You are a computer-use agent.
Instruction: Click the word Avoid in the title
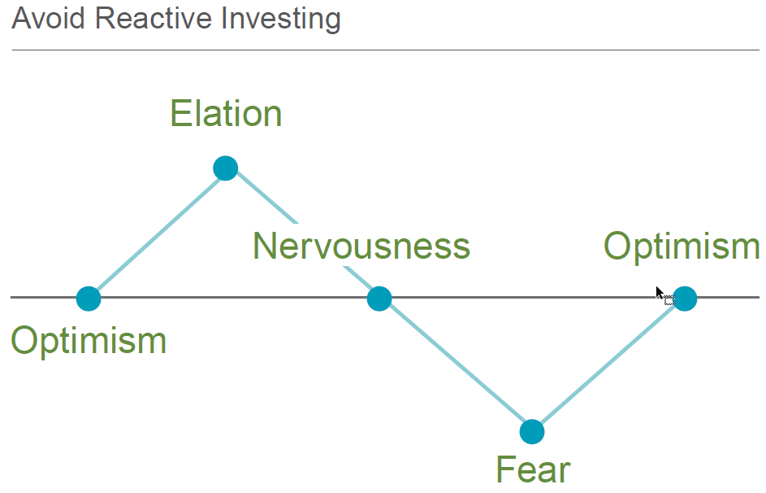(x=49, y=19)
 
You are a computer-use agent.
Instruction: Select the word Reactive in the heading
(x=154, y=19)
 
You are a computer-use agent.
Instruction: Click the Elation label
(x=226, y=113)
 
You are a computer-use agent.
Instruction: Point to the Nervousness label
(x=361, y=246)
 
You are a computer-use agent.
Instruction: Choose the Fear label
(x=533, y=469)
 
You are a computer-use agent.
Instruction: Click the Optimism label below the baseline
(x=89, y=341)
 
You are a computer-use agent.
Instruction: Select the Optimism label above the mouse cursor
(x=682, y=246)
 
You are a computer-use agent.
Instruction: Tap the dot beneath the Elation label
(x=226, y=168)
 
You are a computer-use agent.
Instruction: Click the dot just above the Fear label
(x=532, y=432)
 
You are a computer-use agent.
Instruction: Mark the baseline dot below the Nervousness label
(x=379, y=299)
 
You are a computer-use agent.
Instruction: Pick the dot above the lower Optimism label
(x=89, y=299)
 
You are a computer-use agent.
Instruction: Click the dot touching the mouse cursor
(x=685, y=299)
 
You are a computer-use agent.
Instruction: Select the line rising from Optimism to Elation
(x=158, y=233)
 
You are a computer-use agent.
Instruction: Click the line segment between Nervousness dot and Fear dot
(x=456, y=365)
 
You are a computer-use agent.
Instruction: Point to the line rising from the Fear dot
(x=608, y=365)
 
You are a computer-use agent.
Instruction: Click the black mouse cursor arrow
(x=660, y=294)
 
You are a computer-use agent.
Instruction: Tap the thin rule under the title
(x=386, y=50)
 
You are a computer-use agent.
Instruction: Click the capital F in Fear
(x=505, y=469)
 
